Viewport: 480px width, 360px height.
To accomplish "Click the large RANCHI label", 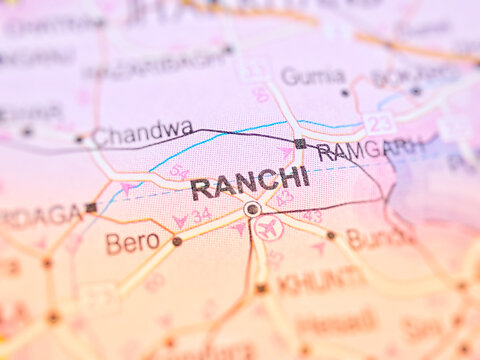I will [250, 181].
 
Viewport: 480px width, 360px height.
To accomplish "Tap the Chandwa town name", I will [143, 130].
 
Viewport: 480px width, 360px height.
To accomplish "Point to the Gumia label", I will [313, 76].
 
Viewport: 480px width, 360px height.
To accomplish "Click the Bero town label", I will [132, 243].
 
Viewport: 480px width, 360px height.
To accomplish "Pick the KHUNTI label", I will [320, 281].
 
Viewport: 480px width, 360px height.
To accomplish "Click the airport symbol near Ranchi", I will [268, 228].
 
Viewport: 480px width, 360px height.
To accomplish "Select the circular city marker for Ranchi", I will [252, 209].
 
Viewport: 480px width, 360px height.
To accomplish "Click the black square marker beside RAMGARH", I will [300, 144].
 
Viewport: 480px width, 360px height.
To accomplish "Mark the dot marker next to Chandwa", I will [79, 139].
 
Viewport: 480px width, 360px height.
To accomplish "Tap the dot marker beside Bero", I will [177, 241].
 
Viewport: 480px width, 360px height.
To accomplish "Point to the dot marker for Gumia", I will [345, 92].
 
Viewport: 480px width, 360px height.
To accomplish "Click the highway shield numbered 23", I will [379, 124].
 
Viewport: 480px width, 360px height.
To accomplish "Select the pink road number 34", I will [201, 214].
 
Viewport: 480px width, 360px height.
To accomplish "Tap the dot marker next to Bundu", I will [331, 236].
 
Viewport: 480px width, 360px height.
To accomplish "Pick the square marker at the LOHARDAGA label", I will [91, 208].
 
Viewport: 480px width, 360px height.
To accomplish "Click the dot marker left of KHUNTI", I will [261, 288].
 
